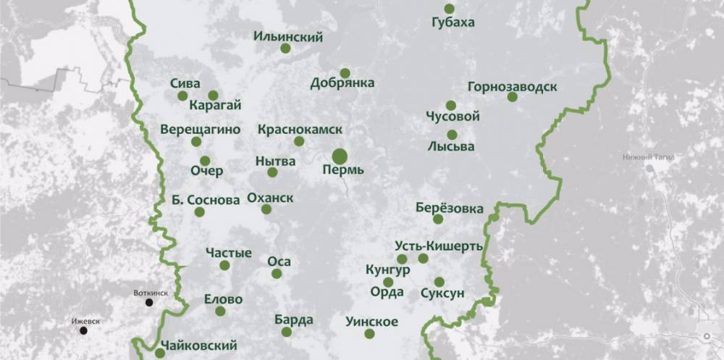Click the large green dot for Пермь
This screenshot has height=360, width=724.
340,156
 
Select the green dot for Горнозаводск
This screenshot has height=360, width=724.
512,96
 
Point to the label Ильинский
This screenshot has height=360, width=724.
289,37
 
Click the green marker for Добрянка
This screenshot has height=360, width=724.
345,72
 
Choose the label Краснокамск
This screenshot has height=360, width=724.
300,129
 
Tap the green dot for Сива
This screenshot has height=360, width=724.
182,96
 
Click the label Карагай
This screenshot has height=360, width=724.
214,106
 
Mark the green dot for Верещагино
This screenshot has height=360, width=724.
196,142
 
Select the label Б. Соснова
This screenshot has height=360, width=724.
200,198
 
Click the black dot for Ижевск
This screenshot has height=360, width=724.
83,331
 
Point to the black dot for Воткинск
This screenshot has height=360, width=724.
149,302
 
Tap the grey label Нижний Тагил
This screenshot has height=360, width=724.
648,156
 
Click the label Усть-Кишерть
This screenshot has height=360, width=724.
439,246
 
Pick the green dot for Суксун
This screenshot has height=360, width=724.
439,282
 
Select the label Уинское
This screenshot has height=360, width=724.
371,322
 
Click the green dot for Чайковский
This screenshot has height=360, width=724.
160,353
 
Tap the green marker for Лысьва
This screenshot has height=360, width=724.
452,135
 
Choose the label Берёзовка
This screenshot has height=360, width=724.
450,208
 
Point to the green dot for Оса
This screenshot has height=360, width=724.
277,274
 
